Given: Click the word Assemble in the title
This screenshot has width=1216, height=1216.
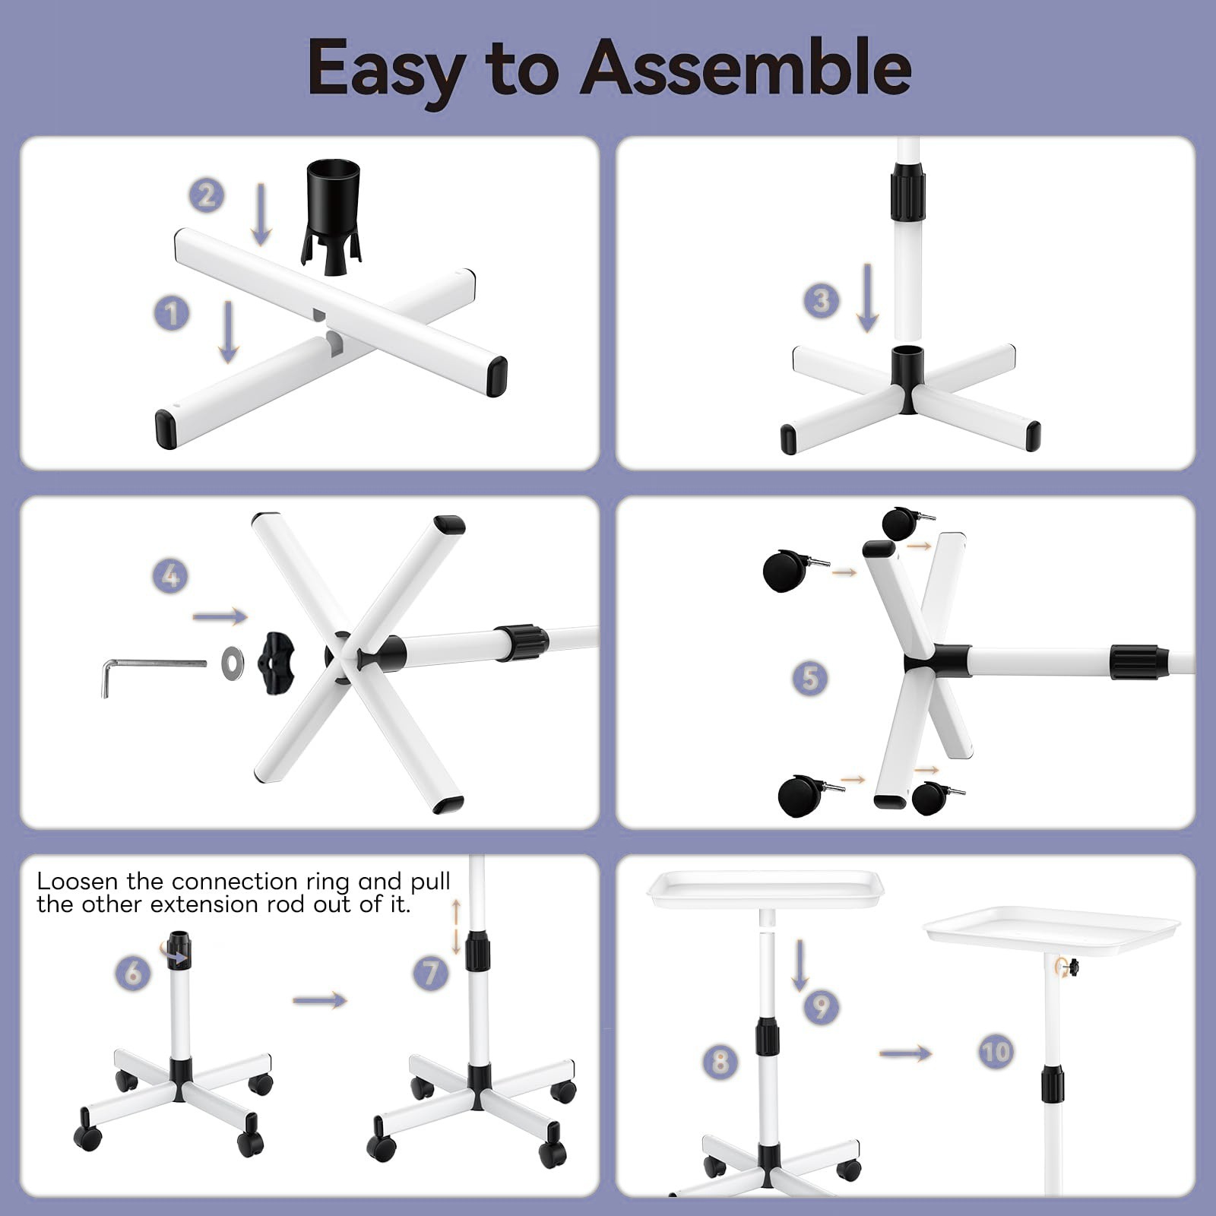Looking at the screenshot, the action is pos(746,68).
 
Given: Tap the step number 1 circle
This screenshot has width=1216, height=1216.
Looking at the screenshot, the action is pos(172,313).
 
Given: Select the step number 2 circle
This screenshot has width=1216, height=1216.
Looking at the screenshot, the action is pos(207,196).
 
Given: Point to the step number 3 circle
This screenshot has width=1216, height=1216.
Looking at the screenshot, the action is pos(822,301).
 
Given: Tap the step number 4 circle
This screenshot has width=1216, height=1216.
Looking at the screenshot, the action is pos(171,576).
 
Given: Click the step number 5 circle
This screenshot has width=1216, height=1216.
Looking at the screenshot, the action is pos(810,678).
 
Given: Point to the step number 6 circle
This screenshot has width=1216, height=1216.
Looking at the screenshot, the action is pos(133,973).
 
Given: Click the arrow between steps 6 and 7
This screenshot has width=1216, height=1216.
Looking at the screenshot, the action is pos(319,1000).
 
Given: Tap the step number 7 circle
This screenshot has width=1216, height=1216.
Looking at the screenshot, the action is pos(431,973).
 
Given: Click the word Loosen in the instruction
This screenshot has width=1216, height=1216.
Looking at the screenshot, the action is pos(78,882).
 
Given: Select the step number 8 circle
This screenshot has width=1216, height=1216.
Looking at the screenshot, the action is pos(720,1061).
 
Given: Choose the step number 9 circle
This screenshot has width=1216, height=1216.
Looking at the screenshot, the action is pos(822,1007).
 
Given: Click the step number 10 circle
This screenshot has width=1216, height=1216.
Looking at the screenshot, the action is pos(996,1053).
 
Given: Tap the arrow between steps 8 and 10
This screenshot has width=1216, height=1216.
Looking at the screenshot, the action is pos(905,1053).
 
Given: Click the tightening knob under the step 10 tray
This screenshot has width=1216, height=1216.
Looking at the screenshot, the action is pos(1072,967).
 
